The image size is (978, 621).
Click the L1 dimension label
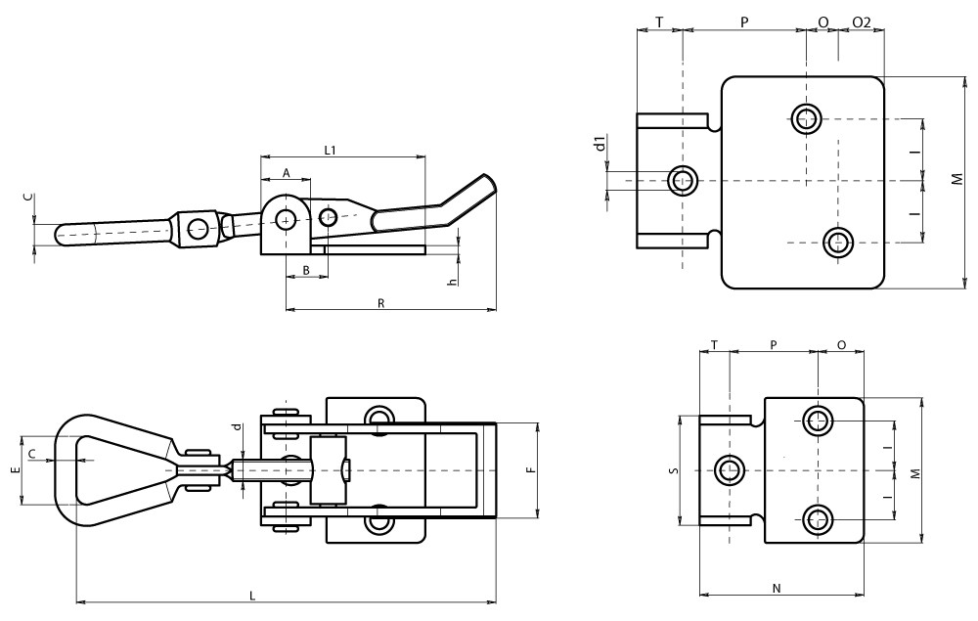330,150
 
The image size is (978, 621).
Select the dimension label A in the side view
287,172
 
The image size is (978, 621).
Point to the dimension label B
306,269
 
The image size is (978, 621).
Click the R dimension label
380,303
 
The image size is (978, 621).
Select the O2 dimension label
862,22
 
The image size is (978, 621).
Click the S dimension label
673,470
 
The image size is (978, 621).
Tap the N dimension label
777,588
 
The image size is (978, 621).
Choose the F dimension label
529,470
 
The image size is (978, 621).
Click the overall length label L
253,595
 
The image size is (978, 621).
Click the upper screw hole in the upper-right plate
807,118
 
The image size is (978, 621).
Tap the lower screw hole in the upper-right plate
837,242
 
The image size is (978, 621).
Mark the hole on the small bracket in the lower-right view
729,470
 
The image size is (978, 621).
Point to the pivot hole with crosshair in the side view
285,219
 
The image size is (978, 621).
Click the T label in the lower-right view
714,345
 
